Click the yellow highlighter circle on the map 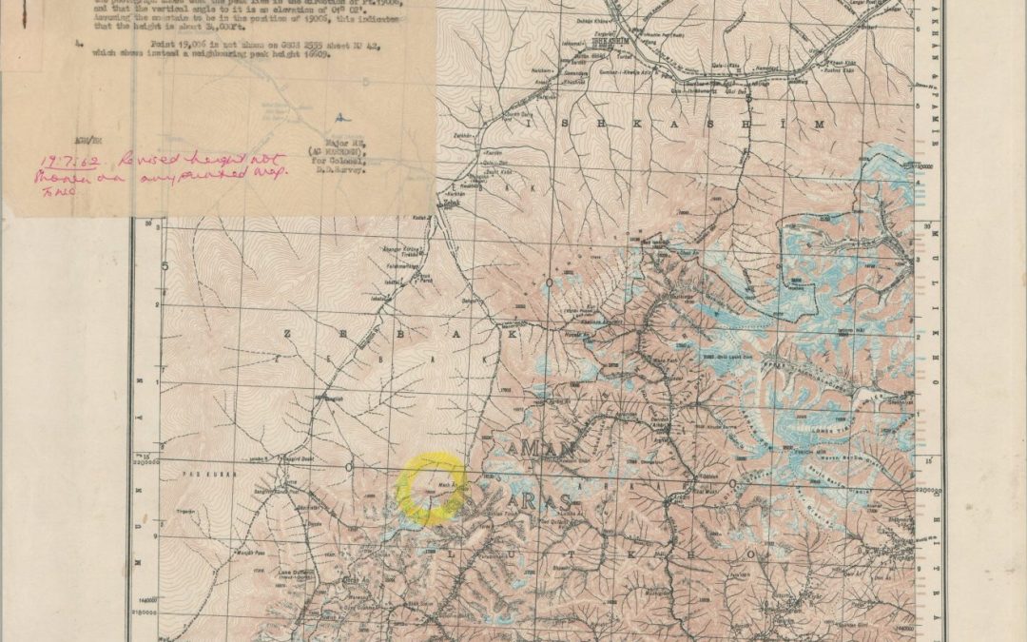[431, 489]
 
